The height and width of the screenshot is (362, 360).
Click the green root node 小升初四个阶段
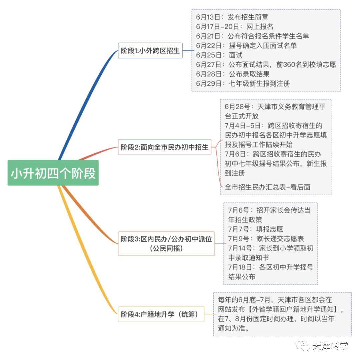[x=53, y=173]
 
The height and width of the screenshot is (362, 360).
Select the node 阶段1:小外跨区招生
[x=150, y=51]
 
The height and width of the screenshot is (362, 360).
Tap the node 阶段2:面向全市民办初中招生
[x=165, y=147]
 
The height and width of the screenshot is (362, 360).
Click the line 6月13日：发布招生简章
[x=232, y=17]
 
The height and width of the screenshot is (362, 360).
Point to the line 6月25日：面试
[x=219, y=55]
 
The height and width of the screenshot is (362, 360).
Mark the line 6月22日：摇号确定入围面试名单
[x=246, y=45]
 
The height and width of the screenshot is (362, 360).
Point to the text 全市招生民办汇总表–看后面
[x=267, y=187]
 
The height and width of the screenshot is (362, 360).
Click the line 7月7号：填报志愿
[x=255, y=229]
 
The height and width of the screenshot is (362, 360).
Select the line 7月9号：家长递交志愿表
[x=266, y=239]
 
